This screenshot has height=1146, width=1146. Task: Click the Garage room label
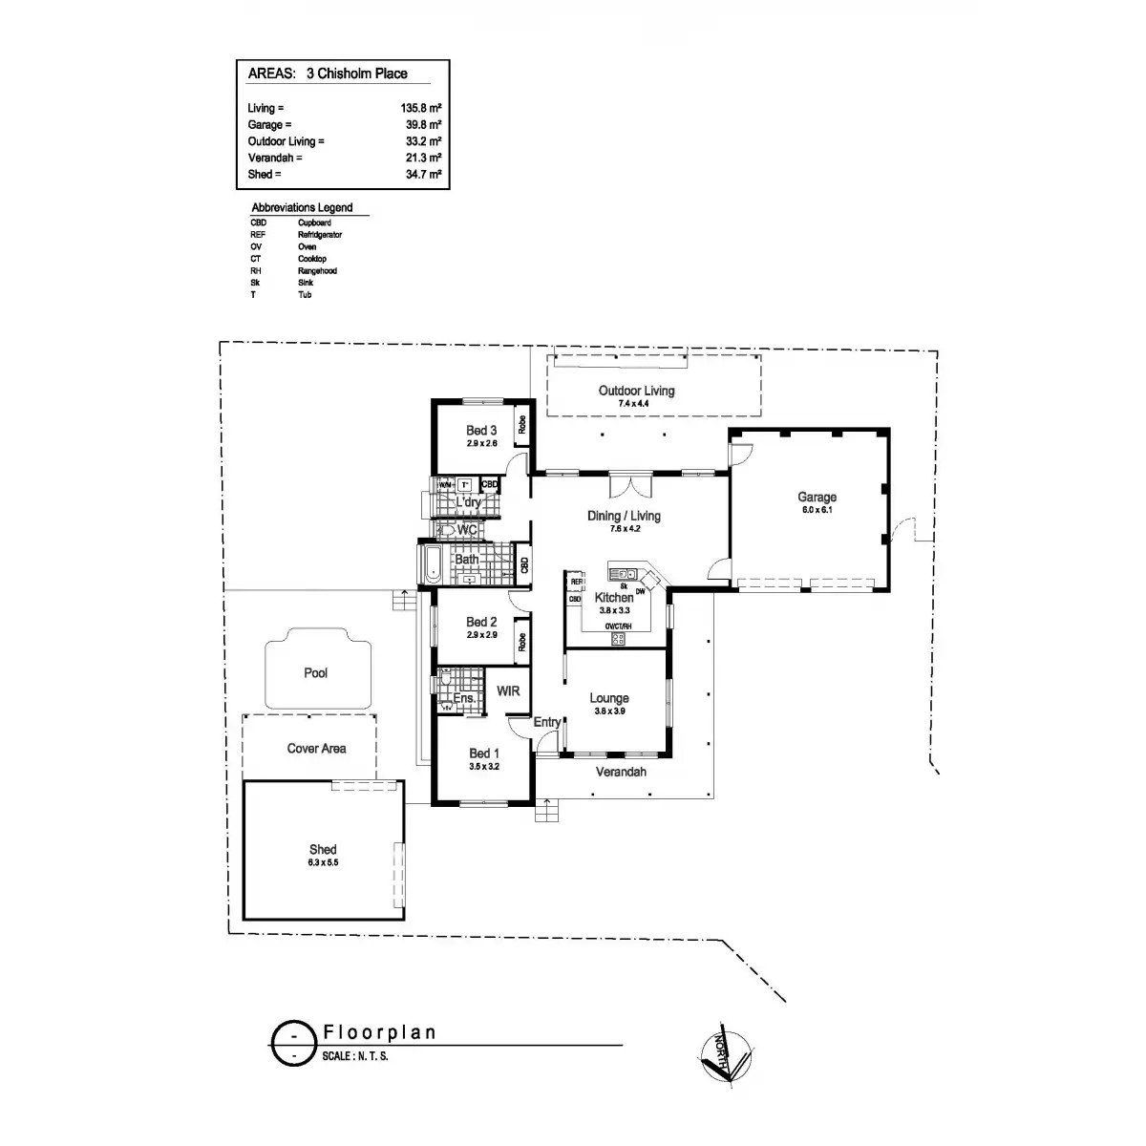(x=817, y=497)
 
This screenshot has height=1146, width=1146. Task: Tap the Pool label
(x=315, y=673)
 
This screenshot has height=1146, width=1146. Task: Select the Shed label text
(x=323, y=849)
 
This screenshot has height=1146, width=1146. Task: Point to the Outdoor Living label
(x=636, y=391)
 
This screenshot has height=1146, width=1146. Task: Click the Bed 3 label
(x=481, y=431)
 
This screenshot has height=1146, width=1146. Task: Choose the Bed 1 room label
(x=484, y=753)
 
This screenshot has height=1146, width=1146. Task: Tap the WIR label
(x=508, y=690)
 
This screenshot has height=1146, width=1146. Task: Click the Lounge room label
(x=609, y=698)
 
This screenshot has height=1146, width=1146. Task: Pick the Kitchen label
(x=614, y=597)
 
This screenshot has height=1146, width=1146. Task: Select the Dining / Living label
(x=624, y=516)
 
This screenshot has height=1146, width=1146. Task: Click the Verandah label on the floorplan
(x=621, y=772)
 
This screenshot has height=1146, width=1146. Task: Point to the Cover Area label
(x=316, y=749)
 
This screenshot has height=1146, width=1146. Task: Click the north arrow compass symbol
(x=725, y=1056)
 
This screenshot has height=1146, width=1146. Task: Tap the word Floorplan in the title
(x=379, y=1032)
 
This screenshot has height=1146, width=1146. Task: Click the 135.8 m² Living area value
(x=421, y=109)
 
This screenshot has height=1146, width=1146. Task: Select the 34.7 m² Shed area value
(x=421, y=175)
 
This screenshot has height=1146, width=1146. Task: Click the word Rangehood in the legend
(x=317, y=270)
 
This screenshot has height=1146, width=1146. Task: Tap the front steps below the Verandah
(x=545, y=811)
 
